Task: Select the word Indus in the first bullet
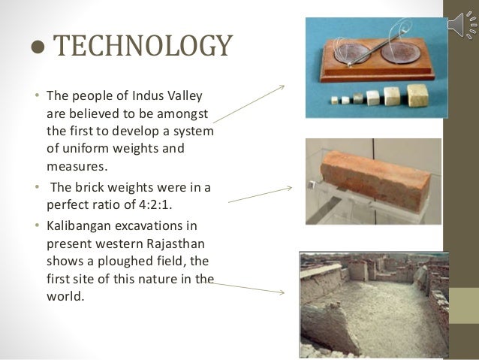pos(139,98)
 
